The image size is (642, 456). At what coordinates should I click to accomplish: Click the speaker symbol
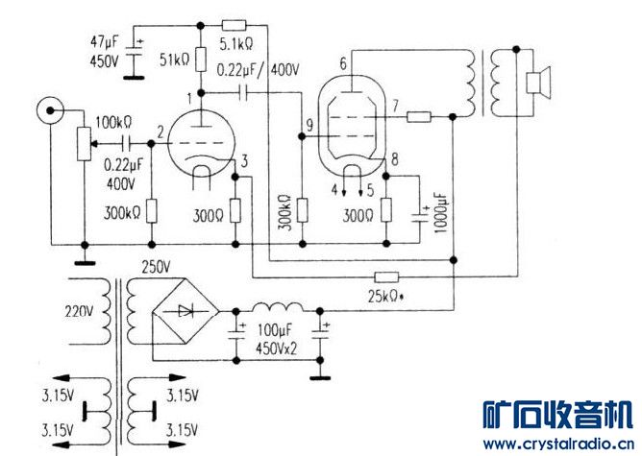point(538,84)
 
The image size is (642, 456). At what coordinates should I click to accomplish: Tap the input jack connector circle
point(50,110)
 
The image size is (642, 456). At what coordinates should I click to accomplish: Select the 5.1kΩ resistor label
point(236,44)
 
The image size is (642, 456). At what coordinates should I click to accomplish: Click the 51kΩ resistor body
point(201,60)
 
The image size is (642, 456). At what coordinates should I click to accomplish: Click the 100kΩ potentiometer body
point(85,144)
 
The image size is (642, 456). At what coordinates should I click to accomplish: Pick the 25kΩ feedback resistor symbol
point(386,277)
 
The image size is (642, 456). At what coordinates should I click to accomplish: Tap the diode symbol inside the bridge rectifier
point(185,312)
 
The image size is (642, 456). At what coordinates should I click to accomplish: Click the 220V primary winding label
point(79,312)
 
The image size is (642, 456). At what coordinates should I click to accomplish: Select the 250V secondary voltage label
point(156,268)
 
